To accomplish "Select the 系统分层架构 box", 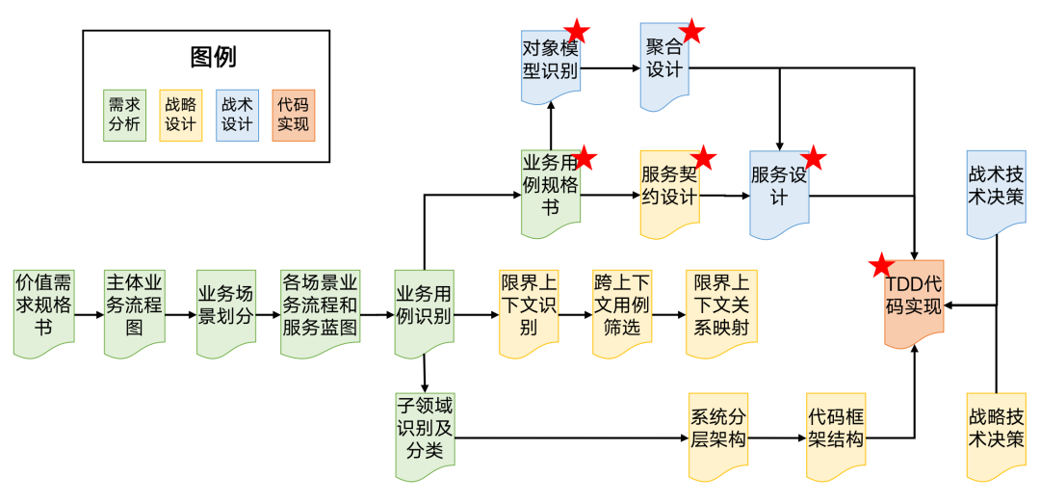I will click(x=718, y=434).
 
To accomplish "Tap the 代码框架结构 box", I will click(x=836, y=434).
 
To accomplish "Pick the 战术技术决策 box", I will click(x=996, y=189).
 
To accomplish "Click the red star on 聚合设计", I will click(x=692, y=31).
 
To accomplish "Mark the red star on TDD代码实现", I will click(x=880, y=266).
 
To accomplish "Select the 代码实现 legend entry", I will click(x=294, y=115).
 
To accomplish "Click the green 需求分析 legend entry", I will click(x=125, y=115).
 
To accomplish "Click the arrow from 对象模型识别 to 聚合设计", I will click(x=611, y=68).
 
